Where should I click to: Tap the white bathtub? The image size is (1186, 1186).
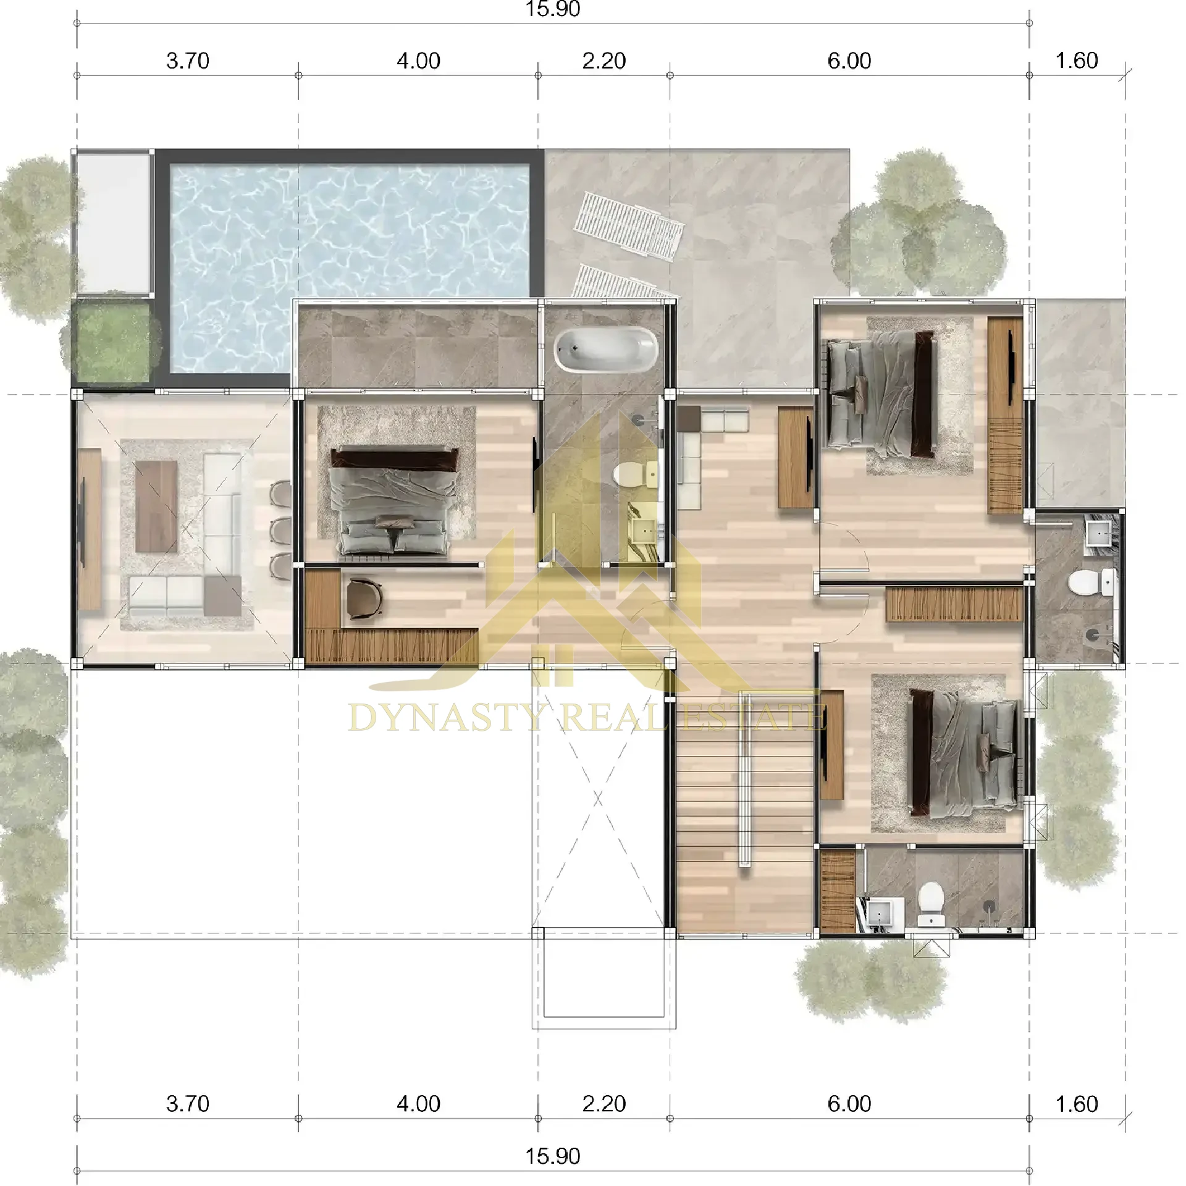tap(605, 349)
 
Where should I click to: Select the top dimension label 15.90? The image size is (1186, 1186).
tap(552, 9)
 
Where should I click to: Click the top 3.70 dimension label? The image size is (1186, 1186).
tap(188, 61)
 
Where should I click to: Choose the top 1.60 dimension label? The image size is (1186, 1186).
tap(1077, 61)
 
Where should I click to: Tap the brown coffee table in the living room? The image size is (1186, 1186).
tap(156, 506)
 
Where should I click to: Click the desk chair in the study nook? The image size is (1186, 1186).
tap(364, 597)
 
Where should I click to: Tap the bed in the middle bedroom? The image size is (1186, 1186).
tap(395, 500)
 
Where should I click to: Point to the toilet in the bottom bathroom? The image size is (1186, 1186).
tap(931, 904)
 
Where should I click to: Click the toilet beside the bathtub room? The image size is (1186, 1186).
tap(633, 474)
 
